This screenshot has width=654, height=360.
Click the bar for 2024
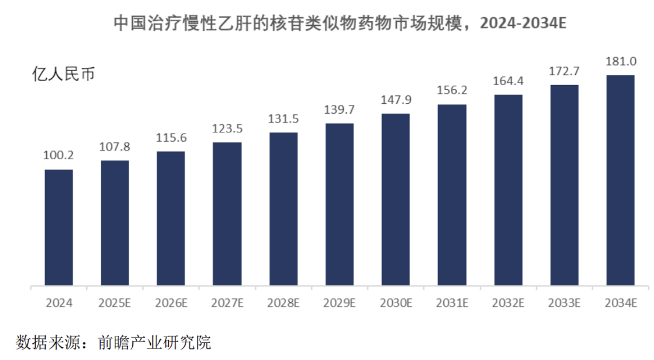click(59, 227)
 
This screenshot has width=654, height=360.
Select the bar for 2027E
click(227, 214)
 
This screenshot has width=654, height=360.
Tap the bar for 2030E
click(396, 199)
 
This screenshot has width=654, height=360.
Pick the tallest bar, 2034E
click(620, 181)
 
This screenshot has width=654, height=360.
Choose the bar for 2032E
click(508, 190)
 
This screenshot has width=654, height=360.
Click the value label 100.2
click(58, 156)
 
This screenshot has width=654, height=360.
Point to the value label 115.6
click(171, 137)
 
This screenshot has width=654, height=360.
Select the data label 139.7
click(339, 109)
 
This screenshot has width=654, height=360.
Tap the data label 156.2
click(452, 90)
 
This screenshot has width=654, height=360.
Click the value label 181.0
click(621, 62)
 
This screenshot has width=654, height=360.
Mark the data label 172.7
click(564, 72)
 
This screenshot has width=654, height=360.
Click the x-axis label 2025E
click(114, 303)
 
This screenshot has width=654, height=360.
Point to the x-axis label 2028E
click(283, 303)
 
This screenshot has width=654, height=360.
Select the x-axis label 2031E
click(452, 303)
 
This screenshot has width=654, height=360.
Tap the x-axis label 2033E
click(564, 303)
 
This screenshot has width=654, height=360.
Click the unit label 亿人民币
click(63, 74)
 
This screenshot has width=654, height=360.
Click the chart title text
click(340, 23)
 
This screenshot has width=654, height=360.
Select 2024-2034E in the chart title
click(523, 23)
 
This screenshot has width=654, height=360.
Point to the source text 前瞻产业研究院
click(154, 342)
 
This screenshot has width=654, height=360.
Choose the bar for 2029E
click(339, 204)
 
